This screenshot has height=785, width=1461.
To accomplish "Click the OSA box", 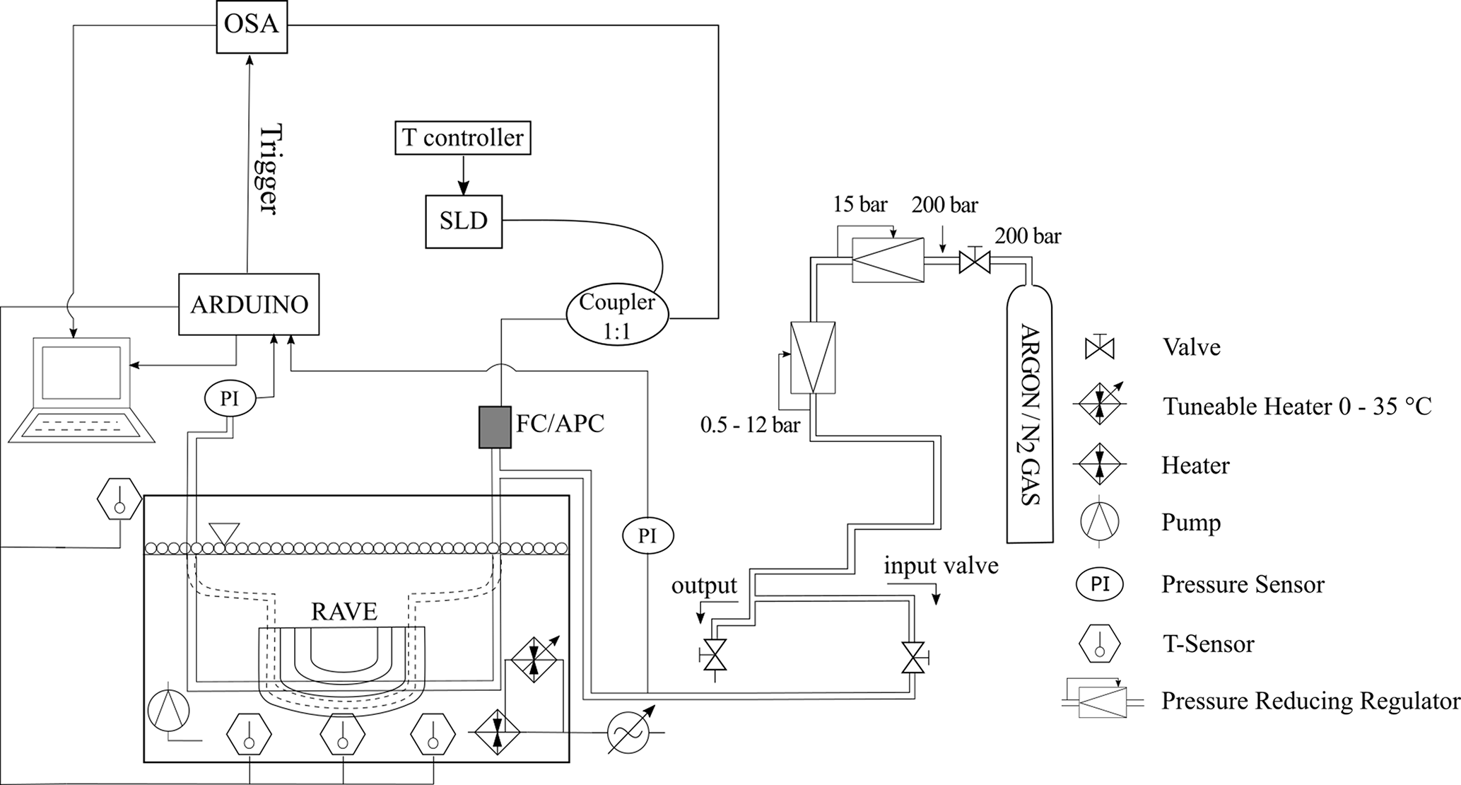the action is (252, 25).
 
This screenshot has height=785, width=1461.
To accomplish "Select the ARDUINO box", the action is (249, 304).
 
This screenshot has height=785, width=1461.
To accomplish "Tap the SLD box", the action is (464, 221).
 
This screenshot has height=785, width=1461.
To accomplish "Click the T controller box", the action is (463, 138).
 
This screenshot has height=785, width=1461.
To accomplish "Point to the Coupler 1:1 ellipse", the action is (617, 315).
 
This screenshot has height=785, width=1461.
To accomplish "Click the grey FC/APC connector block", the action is (495, 427).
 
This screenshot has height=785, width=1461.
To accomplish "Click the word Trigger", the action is (269, 170).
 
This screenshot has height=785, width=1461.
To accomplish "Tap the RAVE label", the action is (344, 610).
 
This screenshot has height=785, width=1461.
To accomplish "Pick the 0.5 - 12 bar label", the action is (750, 425).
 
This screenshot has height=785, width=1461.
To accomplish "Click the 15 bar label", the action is (859, 205).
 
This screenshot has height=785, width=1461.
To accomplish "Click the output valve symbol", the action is (716, 656).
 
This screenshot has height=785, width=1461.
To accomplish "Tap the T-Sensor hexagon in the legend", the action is (1100, 644).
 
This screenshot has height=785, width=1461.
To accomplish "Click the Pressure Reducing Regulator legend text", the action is (1310, 701).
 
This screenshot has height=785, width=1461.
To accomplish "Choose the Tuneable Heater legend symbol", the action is (1101, 404).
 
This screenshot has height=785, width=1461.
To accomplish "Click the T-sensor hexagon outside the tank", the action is (119, 499).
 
